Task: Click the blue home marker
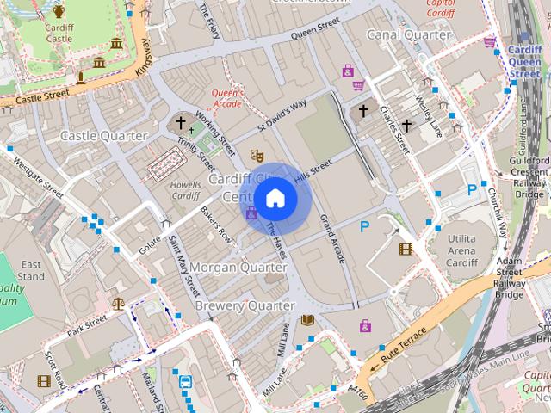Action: coord(275,198)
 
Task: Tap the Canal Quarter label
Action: coord(408,34)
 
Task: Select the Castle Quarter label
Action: coord(99,136)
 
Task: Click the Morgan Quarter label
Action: coord(238,268)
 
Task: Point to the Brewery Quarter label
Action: coord(245,305)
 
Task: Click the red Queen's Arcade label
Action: coord(228,99)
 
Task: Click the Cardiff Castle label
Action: coord(59,33)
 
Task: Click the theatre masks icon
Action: coord(255,155)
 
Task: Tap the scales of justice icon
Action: coord(118,304)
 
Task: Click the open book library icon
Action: coord(307,320)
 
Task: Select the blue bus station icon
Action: coord(185,381)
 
